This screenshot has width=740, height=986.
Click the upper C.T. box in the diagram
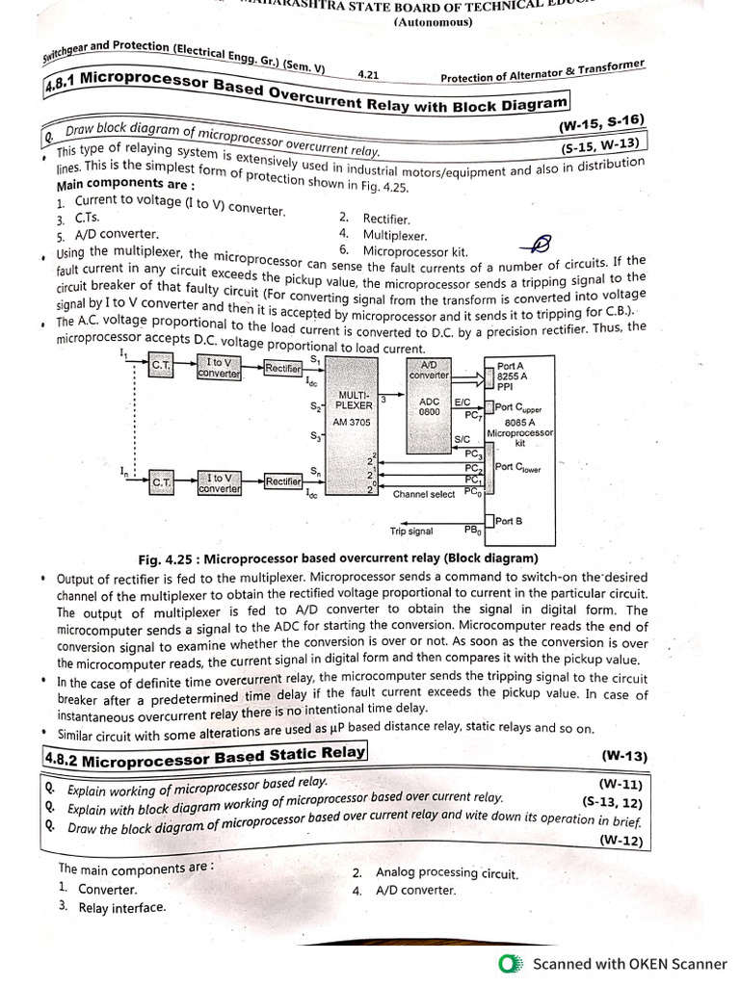pyautogui.click(x=159, y=367)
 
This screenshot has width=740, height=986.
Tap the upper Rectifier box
pyautogui.click(x=283, y=367)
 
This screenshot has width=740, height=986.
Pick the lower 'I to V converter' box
pyautogui.click(x=219, y=481)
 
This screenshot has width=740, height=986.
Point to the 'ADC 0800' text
pyautogui.click(x=430, y=406)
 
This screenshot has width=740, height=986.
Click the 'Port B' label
pyautogui.click(x=510, y=521)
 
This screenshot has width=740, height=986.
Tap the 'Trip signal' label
pyautogui.click(x=411, y=531)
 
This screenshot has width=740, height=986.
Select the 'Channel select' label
pyautogui.click(x=424, y=494)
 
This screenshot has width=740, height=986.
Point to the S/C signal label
pyautogui.click(x=462, y=439)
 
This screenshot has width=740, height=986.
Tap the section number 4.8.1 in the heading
pyautogui.click(x=62, y=85)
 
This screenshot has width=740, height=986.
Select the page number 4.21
pyautogui.click(x=368, y=73)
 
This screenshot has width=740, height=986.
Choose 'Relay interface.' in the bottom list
pyautogui.click(x=121, y=907)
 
